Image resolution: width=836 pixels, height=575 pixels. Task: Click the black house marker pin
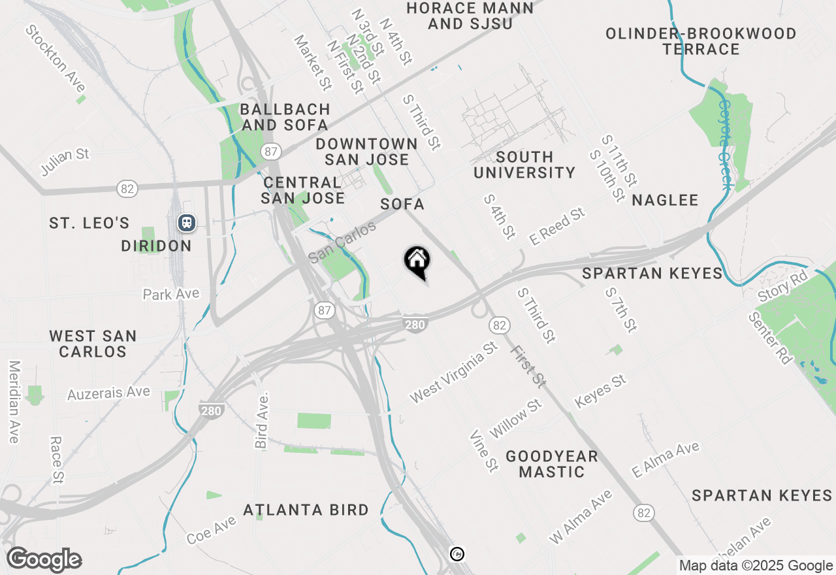point(417,262)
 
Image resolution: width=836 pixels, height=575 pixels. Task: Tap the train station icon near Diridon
point(187,223)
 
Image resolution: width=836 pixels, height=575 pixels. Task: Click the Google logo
point(44,559)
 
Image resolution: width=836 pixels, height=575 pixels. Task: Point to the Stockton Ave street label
point(56,58)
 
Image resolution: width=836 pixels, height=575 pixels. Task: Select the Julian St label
point(65,162)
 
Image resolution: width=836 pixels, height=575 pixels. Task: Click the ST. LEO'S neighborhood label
point(89,223)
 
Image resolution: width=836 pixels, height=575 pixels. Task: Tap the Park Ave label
point(171,294)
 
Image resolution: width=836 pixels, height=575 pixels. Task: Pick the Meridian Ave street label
point(14,402)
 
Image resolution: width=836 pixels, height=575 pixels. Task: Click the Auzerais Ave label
point(109,393)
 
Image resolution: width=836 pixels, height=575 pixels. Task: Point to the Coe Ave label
point(211,531)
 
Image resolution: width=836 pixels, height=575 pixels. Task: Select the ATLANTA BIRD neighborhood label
point(306,510)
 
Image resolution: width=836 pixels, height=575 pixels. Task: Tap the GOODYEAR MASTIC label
point(552,464)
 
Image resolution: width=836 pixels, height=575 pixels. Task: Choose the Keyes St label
point(600,391)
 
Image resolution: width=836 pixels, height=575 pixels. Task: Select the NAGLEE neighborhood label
point(666,201)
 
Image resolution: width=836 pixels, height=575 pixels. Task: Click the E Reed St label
point(557,227)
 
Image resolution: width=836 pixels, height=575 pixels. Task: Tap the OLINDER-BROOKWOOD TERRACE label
point(701,41)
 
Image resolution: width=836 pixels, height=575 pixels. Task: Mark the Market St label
point(312,62)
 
